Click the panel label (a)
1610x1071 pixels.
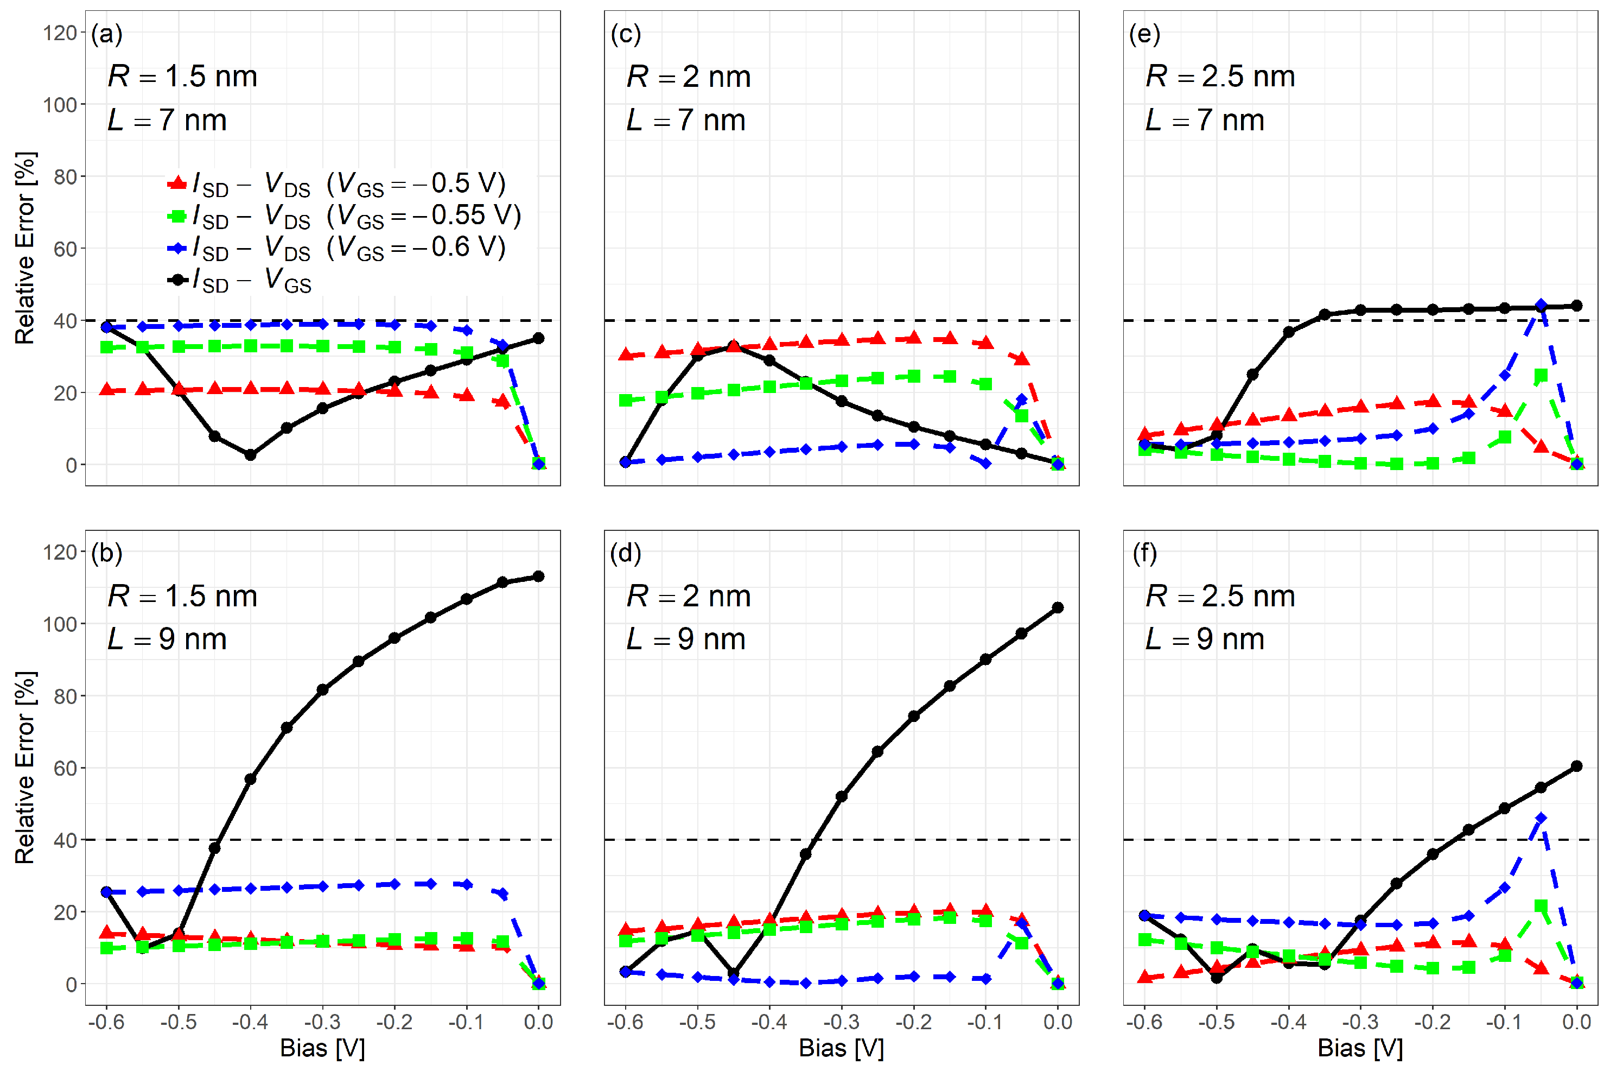106,34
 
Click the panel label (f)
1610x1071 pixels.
1144,553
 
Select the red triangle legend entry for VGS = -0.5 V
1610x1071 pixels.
177,183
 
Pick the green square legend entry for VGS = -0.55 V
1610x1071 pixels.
177,216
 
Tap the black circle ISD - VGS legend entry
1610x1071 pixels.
177,280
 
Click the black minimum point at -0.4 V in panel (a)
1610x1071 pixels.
251,455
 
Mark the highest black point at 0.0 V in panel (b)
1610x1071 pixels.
539,576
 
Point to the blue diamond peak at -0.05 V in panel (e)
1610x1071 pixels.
1541,305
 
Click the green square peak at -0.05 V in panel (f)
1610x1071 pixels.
1541,905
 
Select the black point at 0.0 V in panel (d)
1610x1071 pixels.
1058,608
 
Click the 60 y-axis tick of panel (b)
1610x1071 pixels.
65,769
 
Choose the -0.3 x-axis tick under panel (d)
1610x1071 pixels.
841,1023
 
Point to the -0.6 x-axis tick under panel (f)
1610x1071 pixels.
1144,1023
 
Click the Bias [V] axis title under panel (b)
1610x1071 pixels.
322,1048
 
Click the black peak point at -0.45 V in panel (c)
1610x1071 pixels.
733,346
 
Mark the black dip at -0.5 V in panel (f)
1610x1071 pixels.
1217,978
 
